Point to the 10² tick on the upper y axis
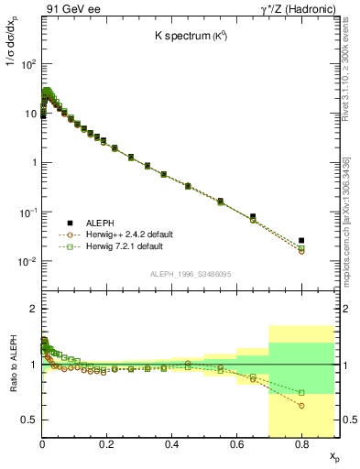[x=27, y=64]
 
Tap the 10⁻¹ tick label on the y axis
[x=27, y=213]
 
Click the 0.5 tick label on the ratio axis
[x=28, y=420]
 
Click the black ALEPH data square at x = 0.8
[x=301, y=240]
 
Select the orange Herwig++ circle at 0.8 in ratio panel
[x=301, y=406]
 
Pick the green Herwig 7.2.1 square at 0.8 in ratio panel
[x=301, y=393]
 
